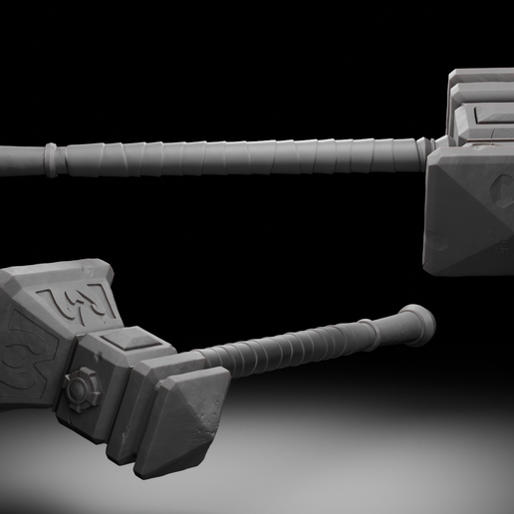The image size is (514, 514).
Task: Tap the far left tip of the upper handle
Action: [4, 156]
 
